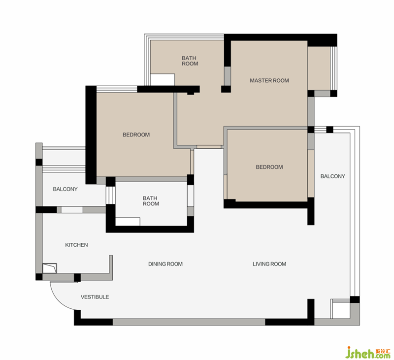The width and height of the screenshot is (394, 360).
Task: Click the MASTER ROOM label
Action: click(269, 81)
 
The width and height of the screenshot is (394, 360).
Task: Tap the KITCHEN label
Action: click(76, 245)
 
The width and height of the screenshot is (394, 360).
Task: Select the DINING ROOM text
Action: click(165, 264)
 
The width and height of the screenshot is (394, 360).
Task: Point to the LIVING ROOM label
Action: click(269, 264)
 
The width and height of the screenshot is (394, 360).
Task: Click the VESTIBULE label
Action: click(95, 297)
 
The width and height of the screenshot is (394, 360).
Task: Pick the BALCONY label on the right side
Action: click(333, 176)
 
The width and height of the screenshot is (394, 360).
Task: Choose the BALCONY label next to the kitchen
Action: click(65, 189)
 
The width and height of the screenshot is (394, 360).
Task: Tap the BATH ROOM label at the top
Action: click(190, 61)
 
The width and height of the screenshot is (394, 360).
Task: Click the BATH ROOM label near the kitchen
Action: click(151, 201)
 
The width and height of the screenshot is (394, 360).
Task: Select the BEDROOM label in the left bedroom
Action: click(136, 135)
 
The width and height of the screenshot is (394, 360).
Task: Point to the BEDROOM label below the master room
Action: click(269, 167)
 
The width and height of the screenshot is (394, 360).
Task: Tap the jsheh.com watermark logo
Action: click(367, 352)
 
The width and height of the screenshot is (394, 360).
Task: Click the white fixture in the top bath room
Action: click(163, 80)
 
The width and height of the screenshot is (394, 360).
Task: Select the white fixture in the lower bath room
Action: click(128, 222)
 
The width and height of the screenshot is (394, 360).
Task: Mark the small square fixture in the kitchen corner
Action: click(50, 268)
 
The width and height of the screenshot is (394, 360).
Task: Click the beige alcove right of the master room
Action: click(319, 68)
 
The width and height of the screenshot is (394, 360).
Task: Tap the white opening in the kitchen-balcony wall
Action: click(72, 210)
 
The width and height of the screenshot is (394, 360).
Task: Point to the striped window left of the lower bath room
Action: click(110, 195)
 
